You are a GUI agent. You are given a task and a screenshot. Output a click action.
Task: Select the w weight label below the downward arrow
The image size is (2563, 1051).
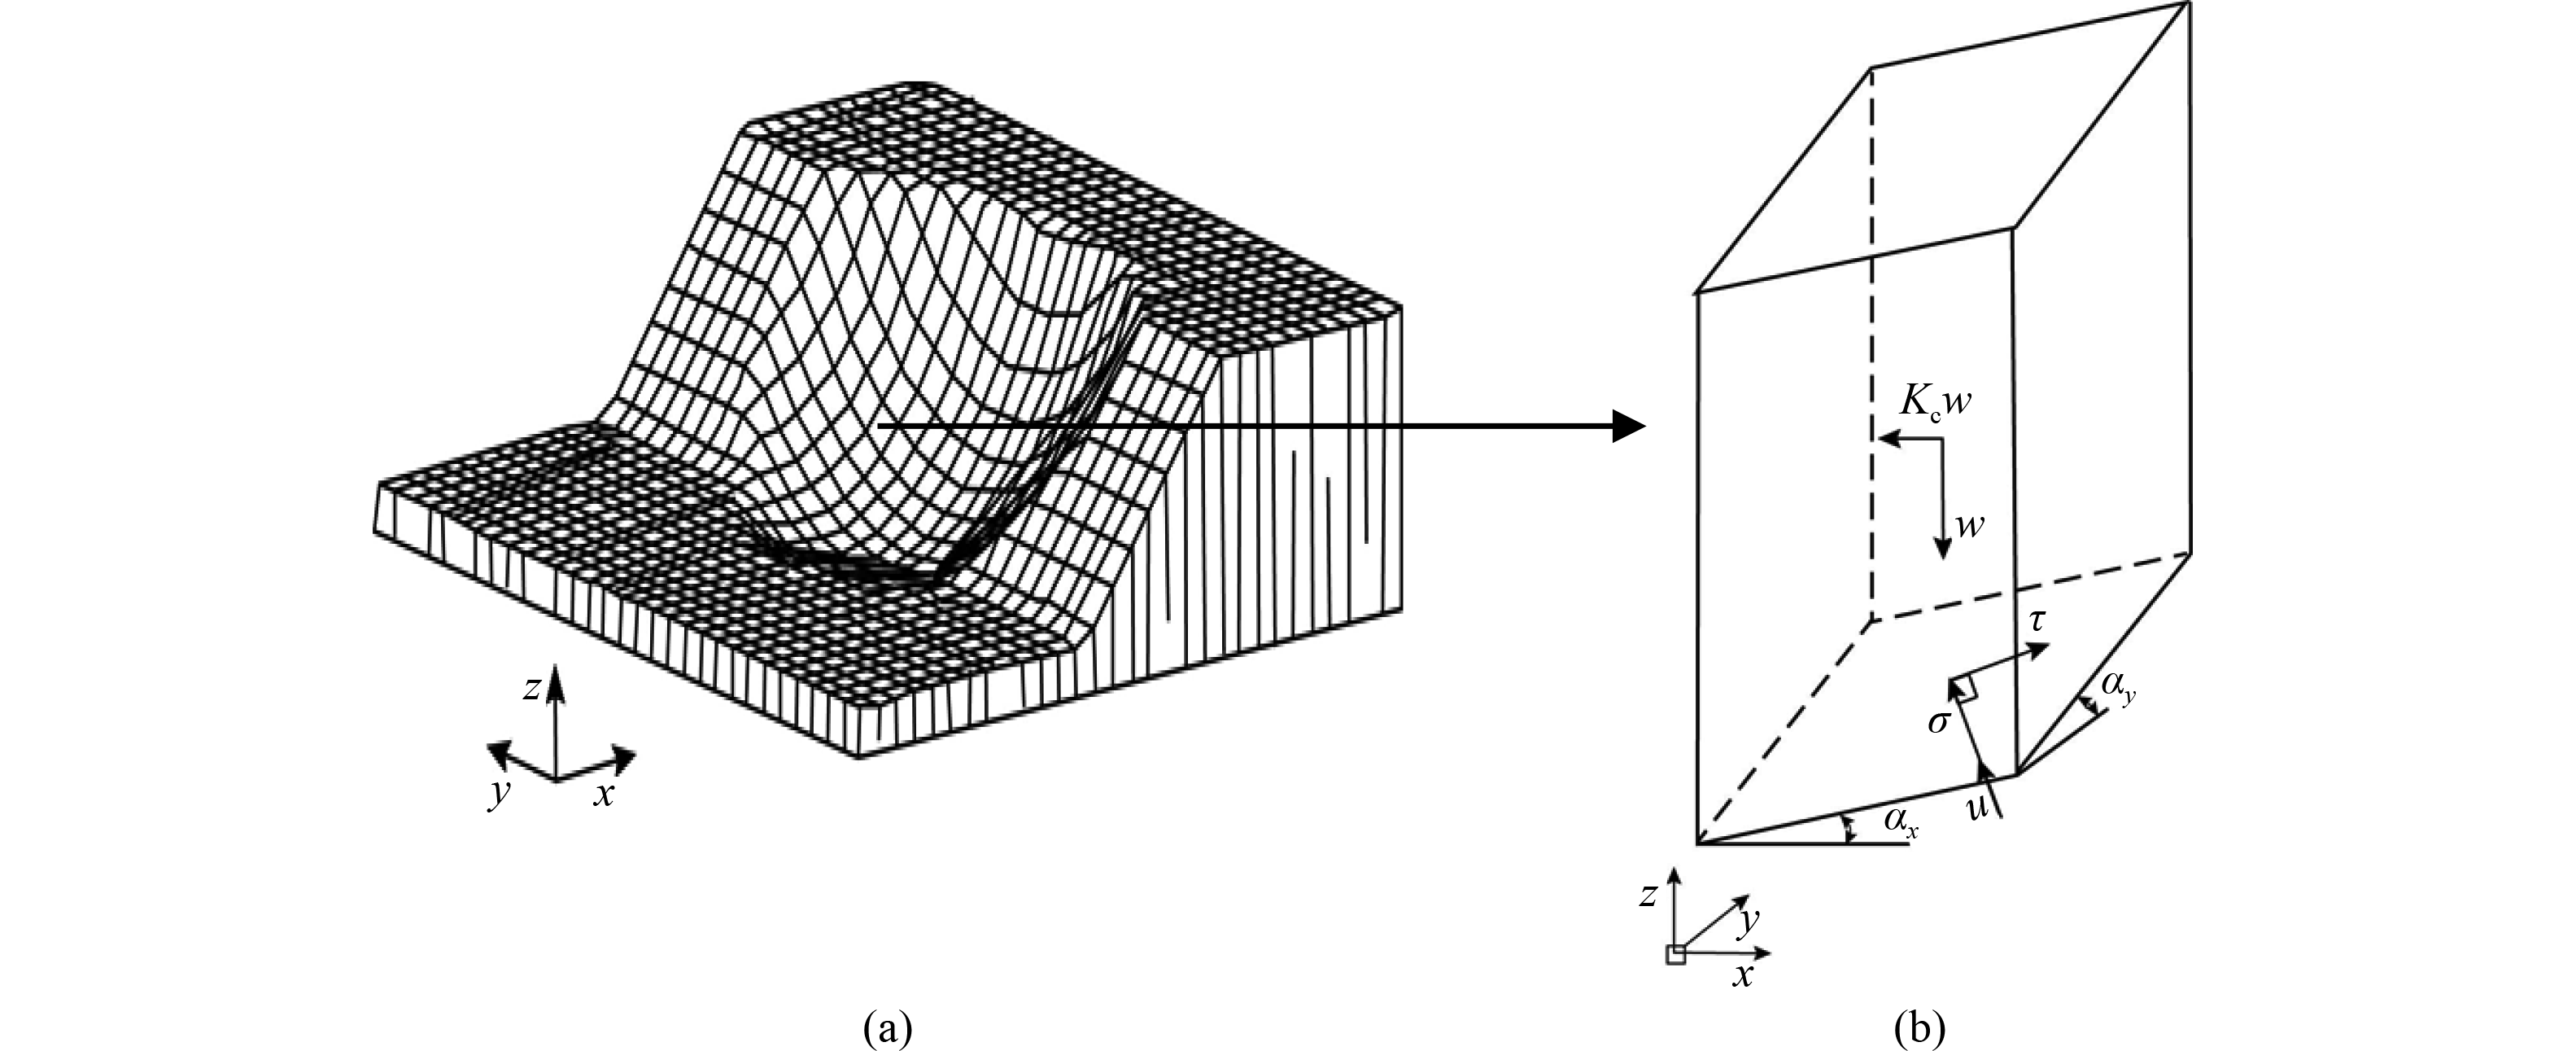tap(1969, 526)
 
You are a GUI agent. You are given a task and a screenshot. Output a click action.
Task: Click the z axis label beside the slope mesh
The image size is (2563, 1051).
tap(532, 687)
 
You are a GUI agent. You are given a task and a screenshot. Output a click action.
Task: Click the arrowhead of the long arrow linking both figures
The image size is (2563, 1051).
tap(1630, 426)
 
